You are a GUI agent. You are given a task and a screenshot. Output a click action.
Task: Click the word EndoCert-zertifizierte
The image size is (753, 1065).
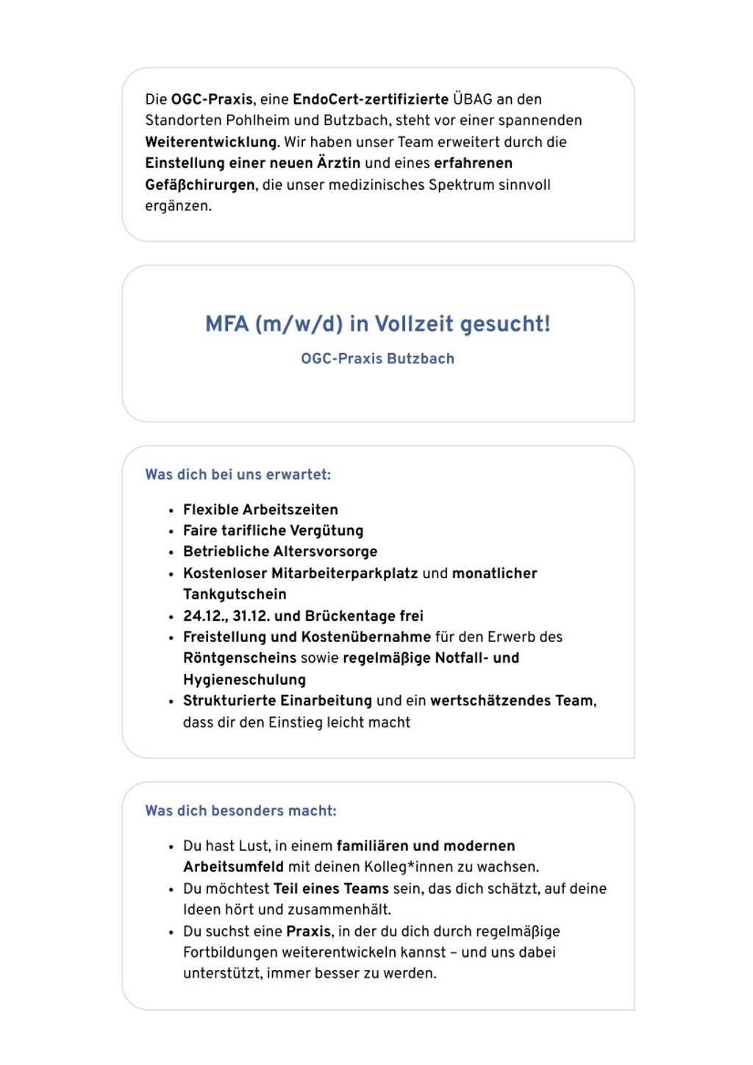[371, 99]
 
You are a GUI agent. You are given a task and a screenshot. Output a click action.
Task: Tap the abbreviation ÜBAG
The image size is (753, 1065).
[473, 99]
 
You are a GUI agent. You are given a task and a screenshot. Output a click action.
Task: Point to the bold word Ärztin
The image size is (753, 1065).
[339, 163]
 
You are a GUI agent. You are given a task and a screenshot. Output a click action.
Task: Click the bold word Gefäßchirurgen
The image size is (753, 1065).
[200, 185]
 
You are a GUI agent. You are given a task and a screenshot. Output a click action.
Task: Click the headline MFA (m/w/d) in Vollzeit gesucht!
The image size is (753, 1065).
[377, 324]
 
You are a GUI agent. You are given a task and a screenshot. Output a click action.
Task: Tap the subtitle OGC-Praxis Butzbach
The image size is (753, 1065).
[377, 359]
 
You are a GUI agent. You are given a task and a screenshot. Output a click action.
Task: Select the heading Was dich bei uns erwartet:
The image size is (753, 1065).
[238, 474]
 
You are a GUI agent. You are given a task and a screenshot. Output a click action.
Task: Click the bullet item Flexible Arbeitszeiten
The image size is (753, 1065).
[260, 510]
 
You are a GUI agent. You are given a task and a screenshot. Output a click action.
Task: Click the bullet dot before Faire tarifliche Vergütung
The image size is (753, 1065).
[171, 532]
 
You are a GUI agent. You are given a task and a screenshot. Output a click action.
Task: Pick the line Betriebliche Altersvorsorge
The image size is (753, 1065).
[280, 552]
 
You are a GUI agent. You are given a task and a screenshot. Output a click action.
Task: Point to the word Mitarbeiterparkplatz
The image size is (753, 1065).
[344, 574]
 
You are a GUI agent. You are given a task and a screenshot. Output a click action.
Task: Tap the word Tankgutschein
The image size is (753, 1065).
[235, 594]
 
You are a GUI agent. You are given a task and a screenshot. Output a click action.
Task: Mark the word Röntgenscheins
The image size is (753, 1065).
[240, 658]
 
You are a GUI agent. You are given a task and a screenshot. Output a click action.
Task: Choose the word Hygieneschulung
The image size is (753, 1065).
[244, 680]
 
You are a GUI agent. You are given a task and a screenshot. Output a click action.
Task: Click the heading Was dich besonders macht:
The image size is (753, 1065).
[241, 811]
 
